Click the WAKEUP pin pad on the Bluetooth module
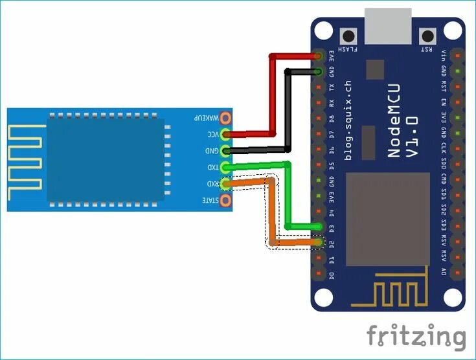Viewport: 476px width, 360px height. (x=225, y=118)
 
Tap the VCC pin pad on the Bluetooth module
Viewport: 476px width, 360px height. (x=225, y=135)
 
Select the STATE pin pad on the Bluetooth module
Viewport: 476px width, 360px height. (x=225, y=201)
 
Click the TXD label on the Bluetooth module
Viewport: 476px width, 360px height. (x=212, y=168)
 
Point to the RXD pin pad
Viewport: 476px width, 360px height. (x=225, y=185)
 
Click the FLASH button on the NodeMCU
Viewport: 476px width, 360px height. (x=350, y=36)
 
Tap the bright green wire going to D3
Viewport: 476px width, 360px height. (x=289, y=194)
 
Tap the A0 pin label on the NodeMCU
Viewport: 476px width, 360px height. (x=443, y=273)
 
